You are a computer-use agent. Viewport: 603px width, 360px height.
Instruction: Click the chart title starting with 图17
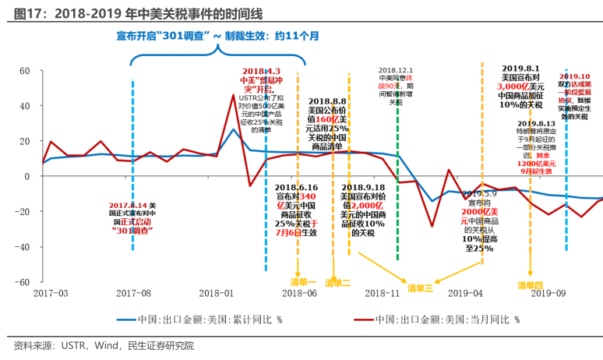[133, 10]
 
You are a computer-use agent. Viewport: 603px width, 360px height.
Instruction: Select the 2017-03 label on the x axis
[51, 293]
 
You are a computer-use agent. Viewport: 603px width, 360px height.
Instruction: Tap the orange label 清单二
[338, 282]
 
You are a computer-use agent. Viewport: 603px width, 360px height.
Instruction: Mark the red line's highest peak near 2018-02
[233, 95]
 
